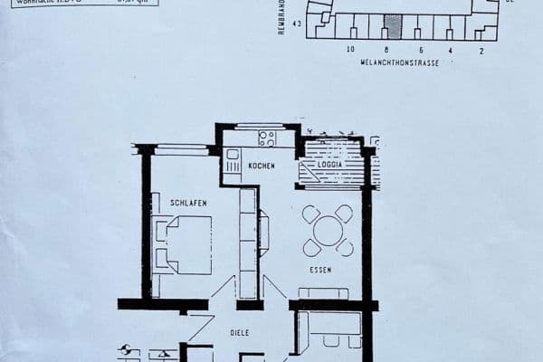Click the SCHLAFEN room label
click(x=188, y=204)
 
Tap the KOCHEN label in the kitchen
click(x=262, y=166)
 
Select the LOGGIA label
click(x=329, y=165)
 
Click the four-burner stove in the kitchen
click(x=267, y=138)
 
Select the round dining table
click(x=328, y=230)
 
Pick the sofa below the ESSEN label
click(x=324, y=293)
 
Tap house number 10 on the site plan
click(x=350, y=51)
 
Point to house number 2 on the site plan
click(x=481, y=51)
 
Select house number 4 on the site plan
click(x=450, y=51)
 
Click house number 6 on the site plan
click(x=421, y=51)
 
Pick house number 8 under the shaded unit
click(x=386, y=51)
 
